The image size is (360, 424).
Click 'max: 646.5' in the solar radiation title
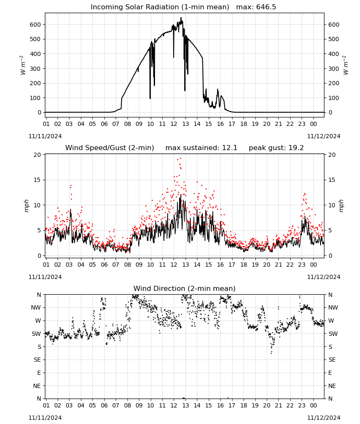pos(256,7)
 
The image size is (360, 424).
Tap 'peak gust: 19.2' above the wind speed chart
pos(276,148)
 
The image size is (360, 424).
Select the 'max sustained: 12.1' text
pos(201,148)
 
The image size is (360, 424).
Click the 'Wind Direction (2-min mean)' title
pos(185,288)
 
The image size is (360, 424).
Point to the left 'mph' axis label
pos(26,206)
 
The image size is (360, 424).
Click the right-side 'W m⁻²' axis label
pos(346,65)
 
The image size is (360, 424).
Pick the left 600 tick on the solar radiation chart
pos(35,25)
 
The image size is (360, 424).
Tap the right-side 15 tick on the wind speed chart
pos(332,180)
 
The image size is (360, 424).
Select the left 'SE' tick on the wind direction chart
pos(37,360)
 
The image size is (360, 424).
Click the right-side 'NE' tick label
pos(332,386)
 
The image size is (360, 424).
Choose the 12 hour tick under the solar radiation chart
pos(174,124)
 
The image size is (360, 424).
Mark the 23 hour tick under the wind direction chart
pos(302,406)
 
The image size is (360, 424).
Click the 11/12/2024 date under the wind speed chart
pos(324,277)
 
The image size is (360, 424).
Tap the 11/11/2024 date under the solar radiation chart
pos(45,136)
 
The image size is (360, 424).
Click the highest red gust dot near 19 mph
pos(180,159)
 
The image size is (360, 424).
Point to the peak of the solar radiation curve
pos(181,17)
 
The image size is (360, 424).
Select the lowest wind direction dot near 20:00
pos(271,353)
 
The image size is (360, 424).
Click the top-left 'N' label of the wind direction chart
pos(39,295)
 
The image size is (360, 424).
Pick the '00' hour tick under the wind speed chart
pos(313,265)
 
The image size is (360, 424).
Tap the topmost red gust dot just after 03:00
pos(71,186)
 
